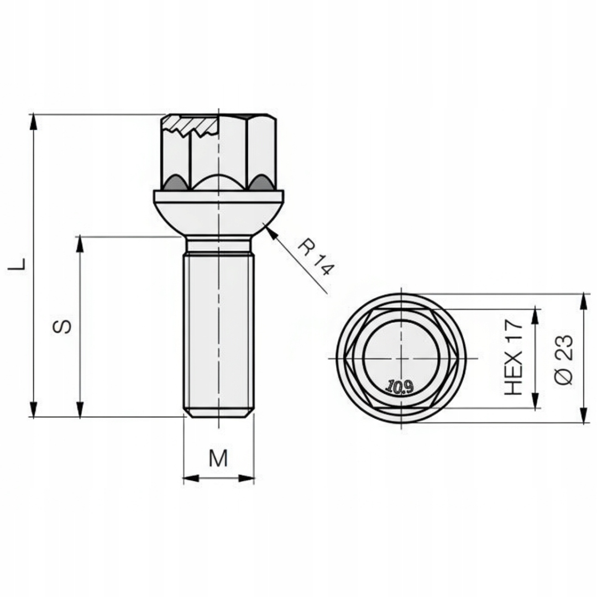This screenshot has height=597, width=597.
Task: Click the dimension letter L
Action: pyautogui.click(x=17, y=264)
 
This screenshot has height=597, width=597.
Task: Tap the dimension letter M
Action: pyautogui.click(x=218, y=458)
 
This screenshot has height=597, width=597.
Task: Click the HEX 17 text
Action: pyautogui.click(x=513, y=358)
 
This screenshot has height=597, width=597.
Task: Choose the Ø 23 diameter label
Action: pyautogui.click(x=563, y=360)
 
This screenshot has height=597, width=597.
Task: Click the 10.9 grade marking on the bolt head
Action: pyautogui.click(x=400, y=387)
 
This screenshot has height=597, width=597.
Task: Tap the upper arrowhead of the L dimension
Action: pyautogui.click(x=34, y=122)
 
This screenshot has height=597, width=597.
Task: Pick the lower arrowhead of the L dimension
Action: pyautogui.click(x=34, y=409)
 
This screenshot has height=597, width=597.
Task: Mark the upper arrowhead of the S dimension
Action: pyautogui.click(x=80, y=244)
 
